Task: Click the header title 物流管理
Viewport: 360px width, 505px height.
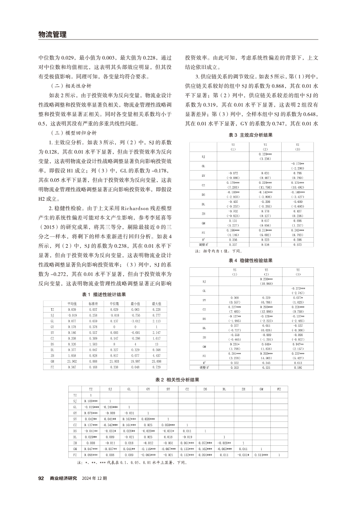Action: coord(52,34)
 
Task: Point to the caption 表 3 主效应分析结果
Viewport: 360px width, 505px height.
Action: coord(252,136)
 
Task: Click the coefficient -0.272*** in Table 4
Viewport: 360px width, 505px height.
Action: coord(298,289)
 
